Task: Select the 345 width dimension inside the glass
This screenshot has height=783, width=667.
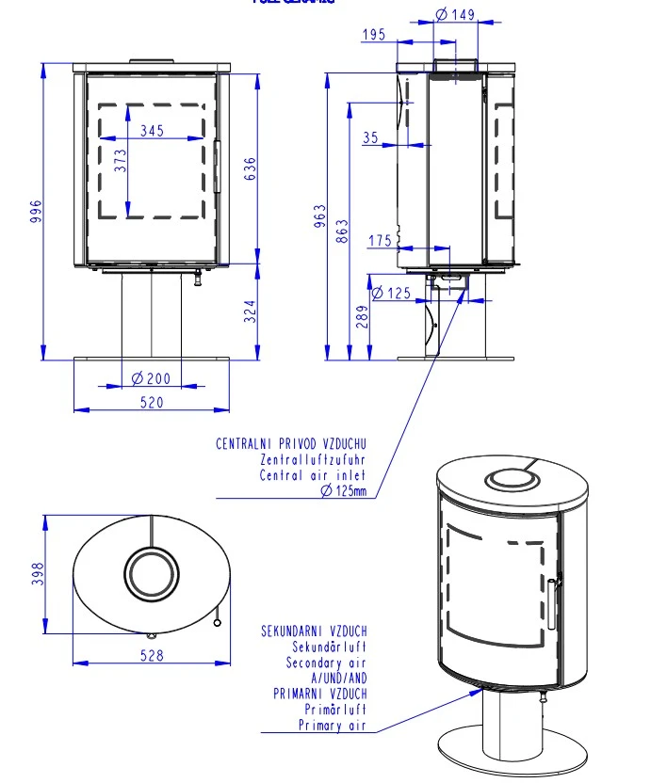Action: click(152, 132)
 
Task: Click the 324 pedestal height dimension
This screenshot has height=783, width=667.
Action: click(251, 312)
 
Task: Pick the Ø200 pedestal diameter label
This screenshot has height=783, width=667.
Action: click(152, 378)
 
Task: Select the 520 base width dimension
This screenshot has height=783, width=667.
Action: click(152, 402)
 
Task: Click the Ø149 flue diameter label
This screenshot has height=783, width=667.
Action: click(456, 14)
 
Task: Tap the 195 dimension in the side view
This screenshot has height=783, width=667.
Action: click(373, 35)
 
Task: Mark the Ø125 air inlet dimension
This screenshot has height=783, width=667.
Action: click(392, 294)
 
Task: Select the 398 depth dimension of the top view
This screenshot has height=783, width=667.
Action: click(39, 574)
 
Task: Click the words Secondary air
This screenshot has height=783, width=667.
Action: click(327, 663)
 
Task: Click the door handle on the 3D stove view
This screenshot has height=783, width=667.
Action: click(554, 602)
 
